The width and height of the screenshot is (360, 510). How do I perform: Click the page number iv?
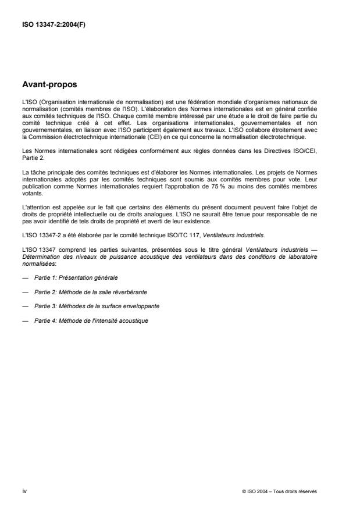click(x=24, y=491)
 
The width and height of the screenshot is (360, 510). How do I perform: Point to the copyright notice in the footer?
click(x=279, y=491)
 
